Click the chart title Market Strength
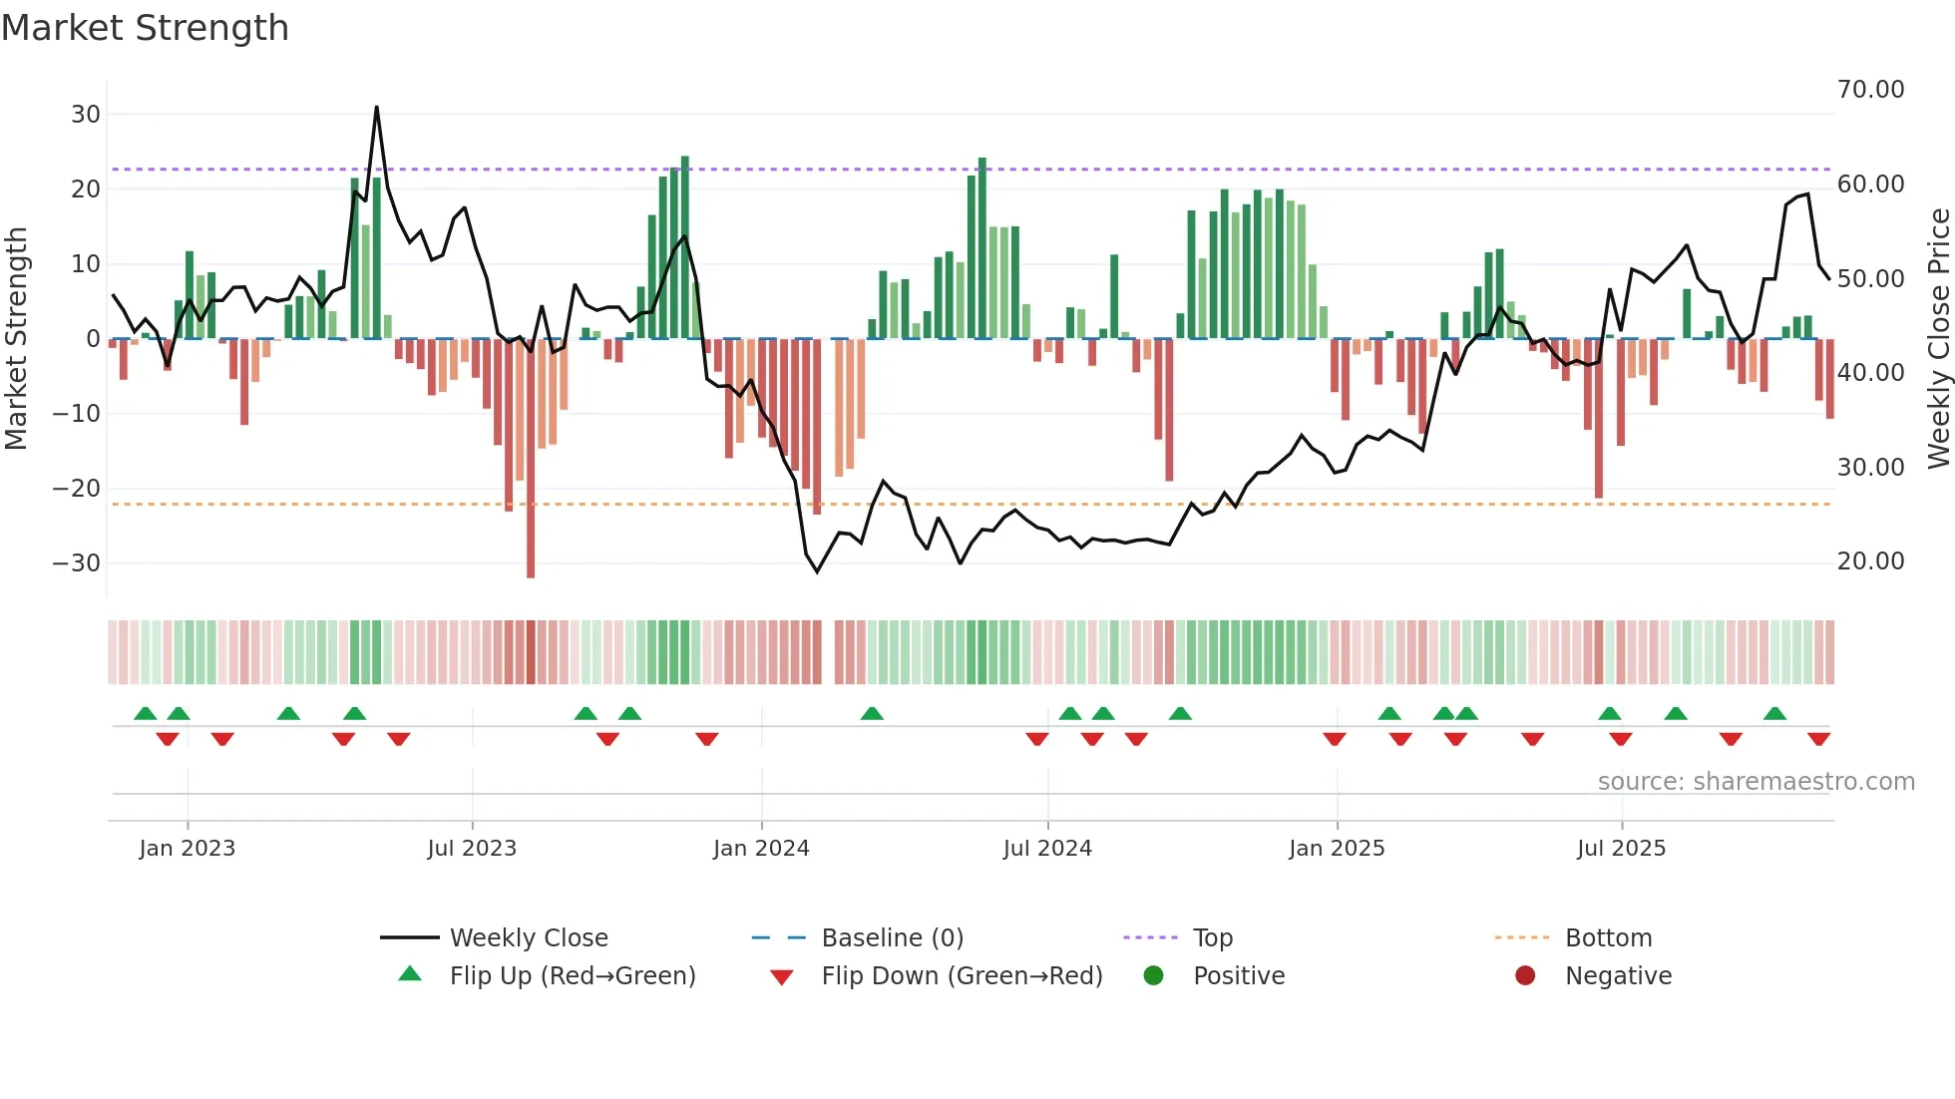tap(145, 28)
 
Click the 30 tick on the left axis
tap(86, 115)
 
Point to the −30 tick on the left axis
tap(78, 563)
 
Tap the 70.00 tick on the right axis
tap(1870, 90)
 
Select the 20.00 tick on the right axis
tap(1870, 561)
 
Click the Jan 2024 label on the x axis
tap(761, 849)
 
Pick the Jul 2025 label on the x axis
tap(1621, 849)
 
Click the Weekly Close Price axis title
tap(1938, 339)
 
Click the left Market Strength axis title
tap(17, 339)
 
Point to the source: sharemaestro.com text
tap(1756, 782)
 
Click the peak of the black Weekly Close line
tap(376, 107)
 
